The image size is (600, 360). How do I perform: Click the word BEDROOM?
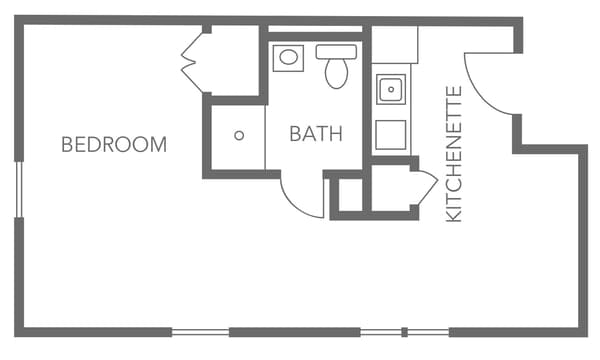coord(114,144)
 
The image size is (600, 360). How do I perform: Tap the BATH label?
coord(316,134)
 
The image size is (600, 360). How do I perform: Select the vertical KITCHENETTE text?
coord(453,153)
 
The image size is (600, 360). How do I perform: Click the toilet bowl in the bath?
coord(336,73)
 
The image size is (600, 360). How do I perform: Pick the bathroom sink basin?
coord(287,56)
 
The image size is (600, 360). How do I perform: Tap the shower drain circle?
coord(239,135)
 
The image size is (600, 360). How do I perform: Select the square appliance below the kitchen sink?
coord(390,134)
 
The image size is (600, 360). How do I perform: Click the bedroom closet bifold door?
coord(192,62)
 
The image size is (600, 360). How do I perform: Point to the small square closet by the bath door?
coord(349,195)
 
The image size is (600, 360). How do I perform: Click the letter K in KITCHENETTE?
coord(453,214)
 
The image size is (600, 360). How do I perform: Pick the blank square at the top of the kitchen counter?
coord(394,45)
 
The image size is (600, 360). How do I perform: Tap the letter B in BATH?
coord(296,134)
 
